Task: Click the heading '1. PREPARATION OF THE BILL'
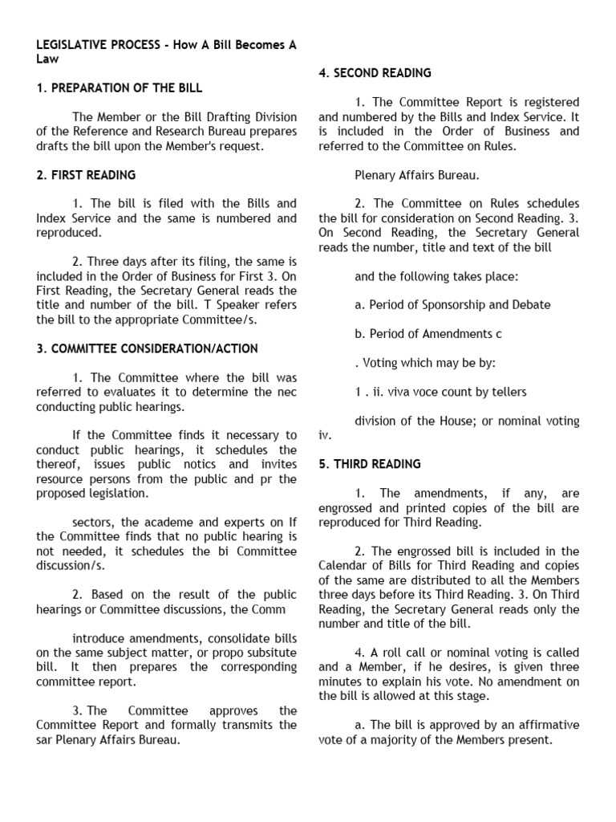(120, 87)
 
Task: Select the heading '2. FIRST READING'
(86, 174)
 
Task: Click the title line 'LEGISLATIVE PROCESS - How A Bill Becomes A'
(166, 45)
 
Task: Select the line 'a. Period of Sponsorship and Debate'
(452, 305)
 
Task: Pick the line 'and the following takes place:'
(436, 276)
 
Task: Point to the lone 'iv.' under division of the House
(325, 435)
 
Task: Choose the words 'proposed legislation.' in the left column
(92, 493)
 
